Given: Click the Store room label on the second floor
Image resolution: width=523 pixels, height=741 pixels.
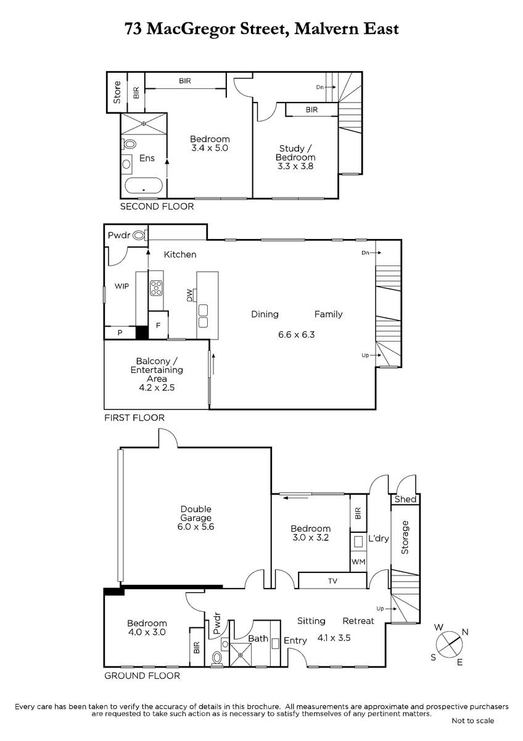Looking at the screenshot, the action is [x=117, y=92].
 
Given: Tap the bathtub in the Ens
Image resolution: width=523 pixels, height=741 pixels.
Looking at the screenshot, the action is [x=144, y=186].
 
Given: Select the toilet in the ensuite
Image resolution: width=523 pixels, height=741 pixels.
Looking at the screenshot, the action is [x=129, y=144].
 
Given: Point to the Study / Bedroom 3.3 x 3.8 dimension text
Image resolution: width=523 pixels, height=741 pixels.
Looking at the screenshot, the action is [x=295, y=166].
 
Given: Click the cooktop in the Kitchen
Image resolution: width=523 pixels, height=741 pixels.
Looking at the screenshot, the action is [x=156, y=288].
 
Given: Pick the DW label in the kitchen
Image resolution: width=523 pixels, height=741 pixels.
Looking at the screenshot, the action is [x=189, y=295].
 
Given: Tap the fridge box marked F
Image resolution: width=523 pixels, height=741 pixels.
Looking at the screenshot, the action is [x=158, y=325].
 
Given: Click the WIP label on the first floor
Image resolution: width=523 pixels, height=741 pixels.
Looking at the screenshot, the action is [x=121, y=286].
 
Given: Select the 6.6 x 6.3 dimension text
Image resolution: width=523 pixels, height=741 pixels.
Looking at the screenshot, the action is [x=296, y=335].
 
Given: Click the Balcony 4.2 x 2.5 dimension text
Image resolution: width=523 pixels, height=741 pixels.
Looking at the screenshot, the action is [x=157, y=387].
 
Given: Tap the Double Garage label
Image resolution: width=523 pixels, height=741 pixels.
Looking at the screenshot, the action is [x=196, y=513].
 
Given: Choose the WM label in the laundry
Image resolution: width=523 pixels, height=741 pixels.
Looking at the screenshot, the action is [x=358, y=562].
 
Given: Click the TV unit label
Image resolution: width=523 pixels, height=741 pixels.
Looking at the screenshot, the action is [x=332, y=581].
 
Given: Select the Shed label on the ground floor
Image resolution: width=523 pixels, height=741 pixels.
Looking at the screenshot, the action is [x=405, y=499].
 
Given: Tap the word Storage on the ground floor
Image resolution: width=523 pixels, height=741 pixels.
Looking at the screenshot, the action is [x=405, y=537].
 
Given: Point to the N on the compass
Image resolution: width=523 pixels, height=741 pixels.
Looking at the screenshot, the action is [x=465, y=632].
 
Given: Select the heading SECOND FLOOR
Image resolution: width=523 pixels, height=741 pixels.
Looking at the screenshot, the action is [x=157, y=206].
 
